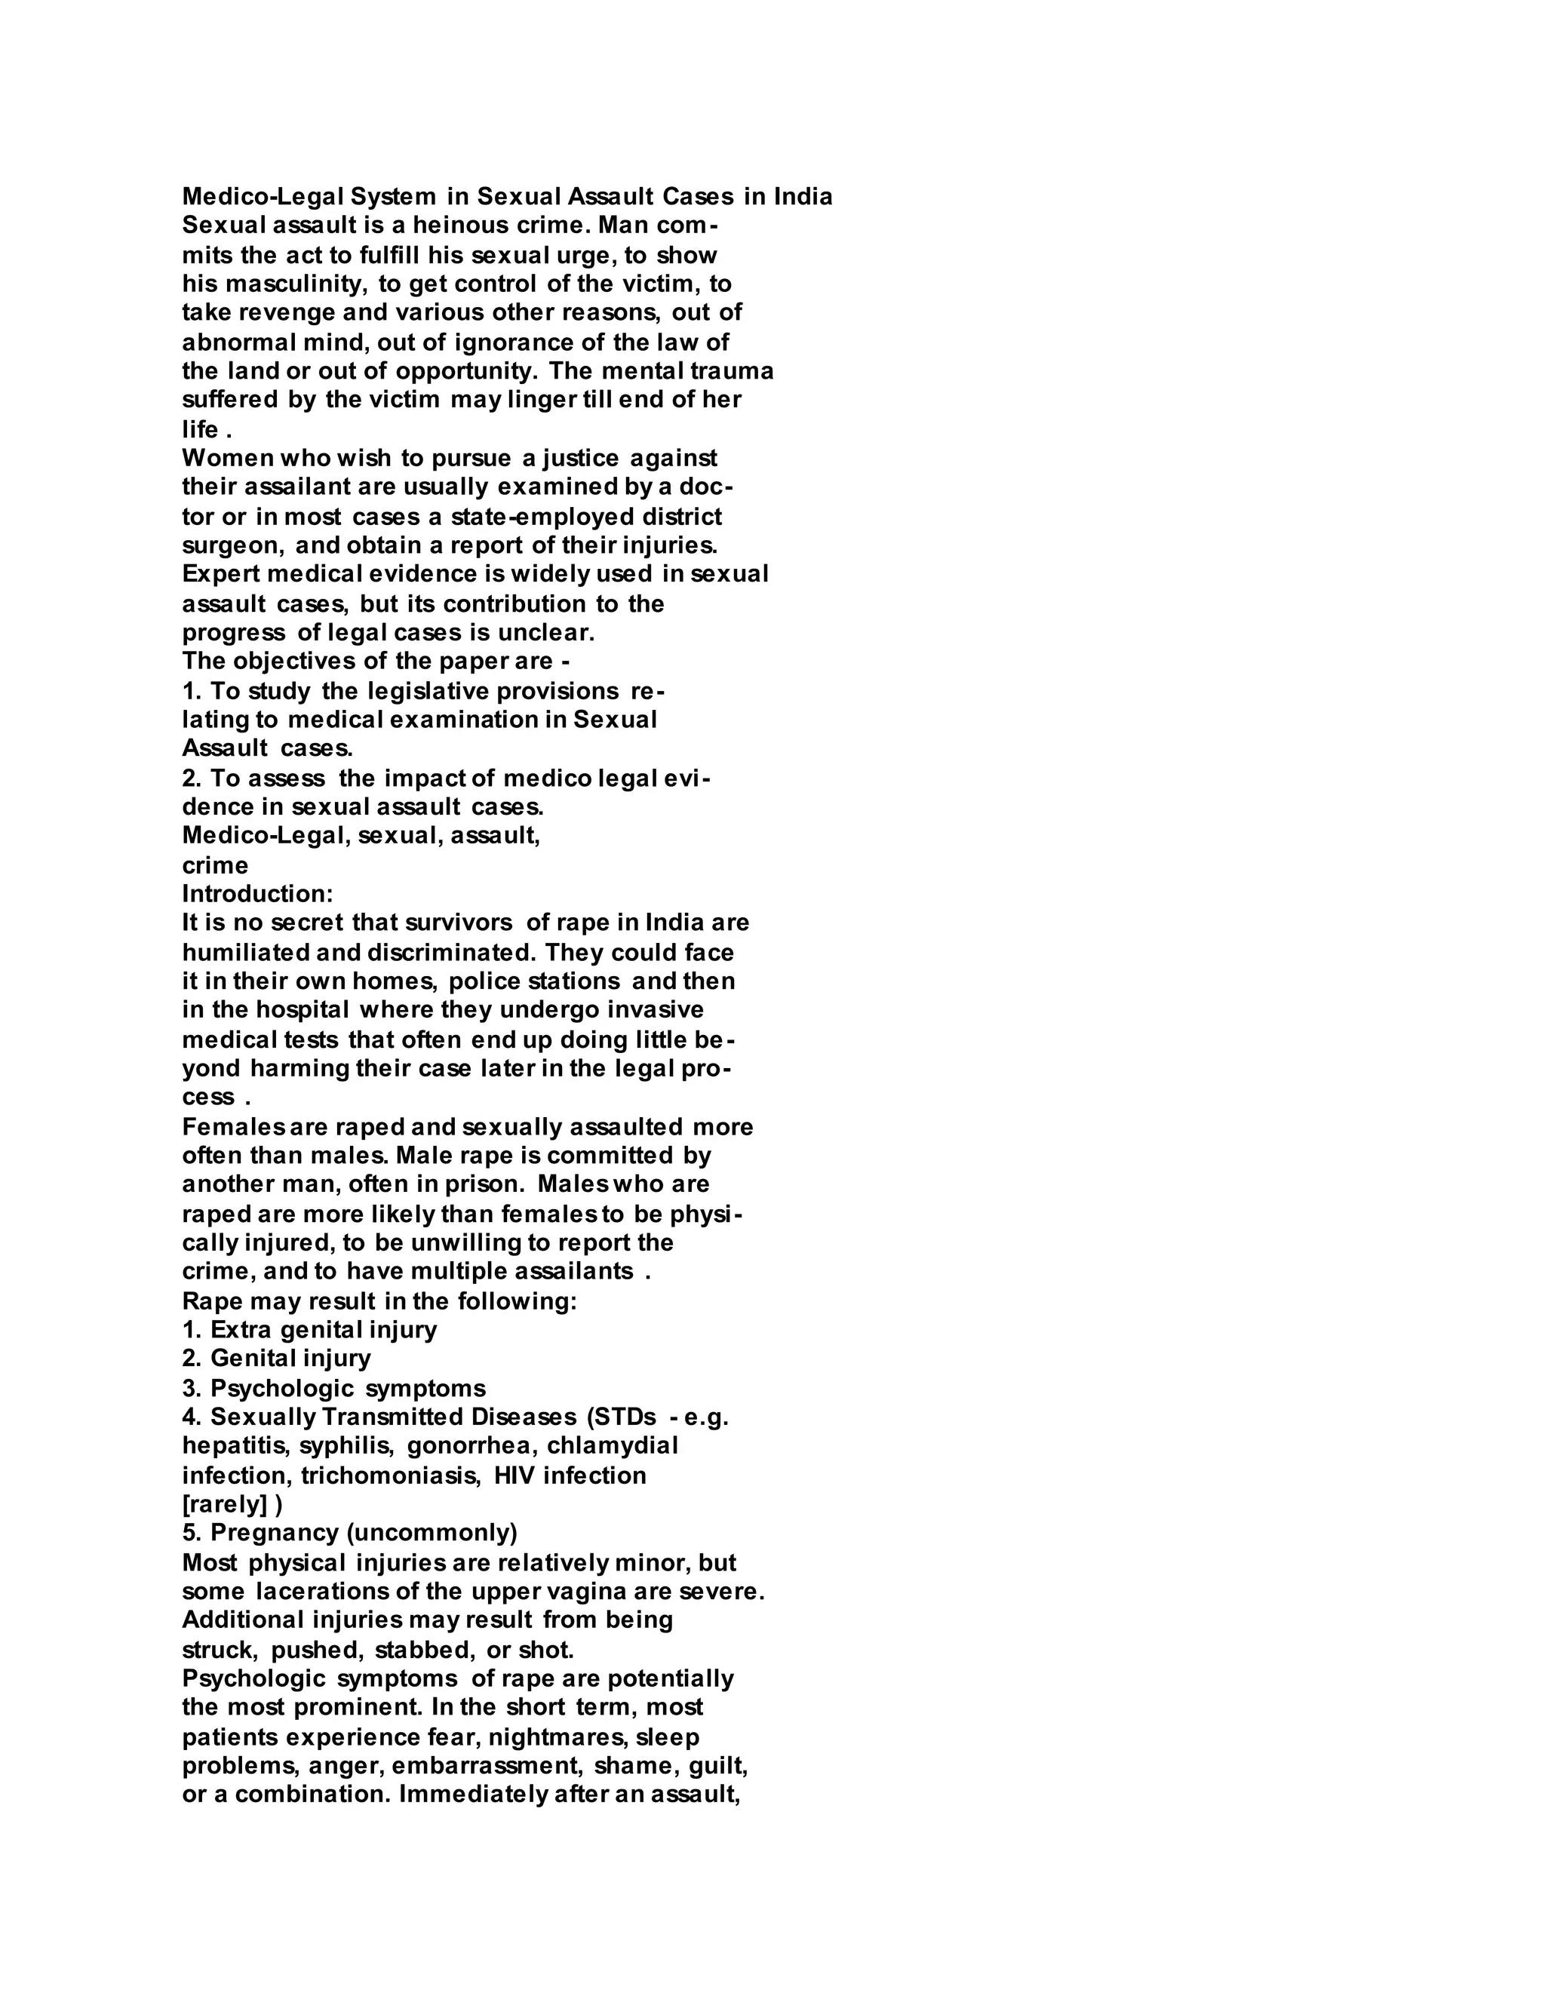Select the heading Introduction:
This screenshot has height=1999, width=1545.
point(257,893)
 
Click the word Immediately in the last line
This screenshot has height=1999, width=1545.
point(472,1795)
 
